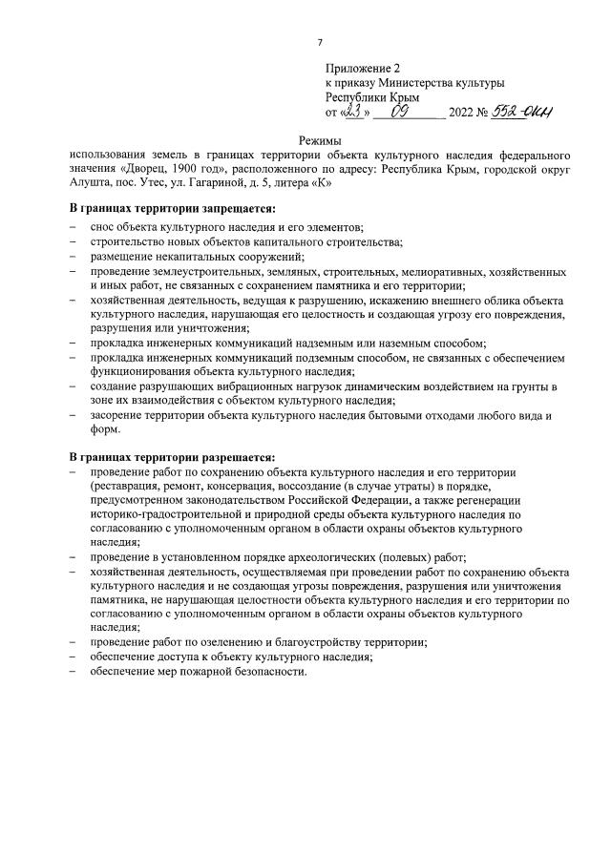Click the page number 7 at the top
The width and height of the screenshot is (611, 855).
320,43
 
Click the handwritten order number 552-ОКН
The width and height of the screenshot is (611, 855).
522,112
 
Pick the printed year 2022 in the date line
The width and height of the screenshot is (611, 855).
461,114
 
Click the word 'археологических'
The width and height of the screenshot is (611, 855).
307,556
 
